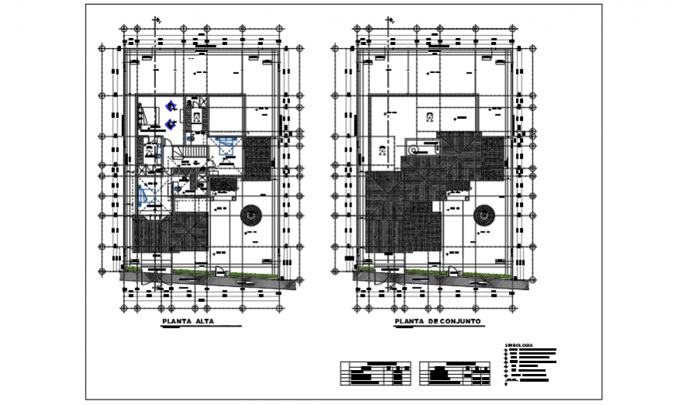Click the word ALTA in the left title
click(203, 321)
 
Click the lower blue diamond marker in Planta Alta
click(170, 124)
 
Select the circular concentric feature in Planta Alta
click(251, 215)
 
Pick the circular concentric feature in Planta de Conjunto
click(485, 215)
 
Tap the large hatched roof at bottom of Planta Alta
click(169, 233)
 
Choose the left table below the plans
click(376, 374)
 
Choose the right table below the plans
click(455, 374)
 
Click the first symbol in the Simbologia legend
click(507, 350)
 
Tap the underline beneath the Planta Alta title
click(202, 326)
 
